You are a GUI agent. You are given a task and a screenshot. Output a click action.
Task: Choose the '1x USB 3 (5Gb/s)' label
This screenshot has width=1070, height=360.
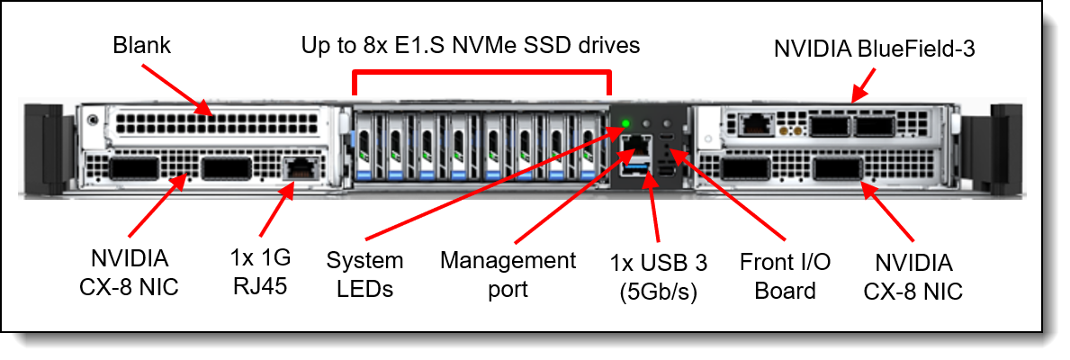[659, 277]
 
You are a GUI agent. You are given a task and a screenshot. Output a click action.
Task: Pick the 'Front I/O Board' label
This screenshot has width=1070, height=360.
[785, 276]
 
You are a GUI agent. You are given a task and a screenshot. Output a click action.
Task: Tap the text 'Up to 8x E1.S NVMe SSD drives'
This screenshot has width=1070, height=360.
[471, 44]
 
